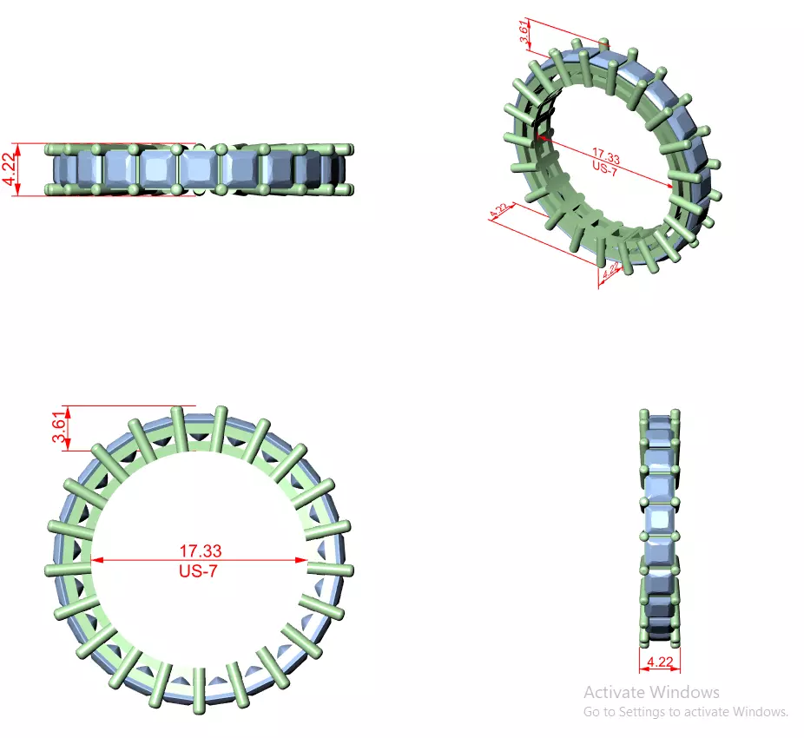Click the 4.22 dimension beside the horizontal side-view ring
click(9, 170)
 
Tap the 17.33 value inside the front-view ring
click(200, 550)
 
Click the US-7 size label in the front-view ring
click(200, 570)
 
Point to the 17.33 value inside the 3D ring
click(605, 158)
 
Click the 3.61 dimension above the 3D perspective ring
click(524, 33)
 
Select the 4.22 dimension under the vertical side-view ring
click(659, 661)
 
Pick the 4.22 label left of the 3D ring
click(499, 212)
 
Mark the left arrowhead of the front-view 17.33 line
click(96, 560)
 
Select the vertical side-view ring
click(660, 527)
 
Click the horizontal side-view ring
click(200, 169)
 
